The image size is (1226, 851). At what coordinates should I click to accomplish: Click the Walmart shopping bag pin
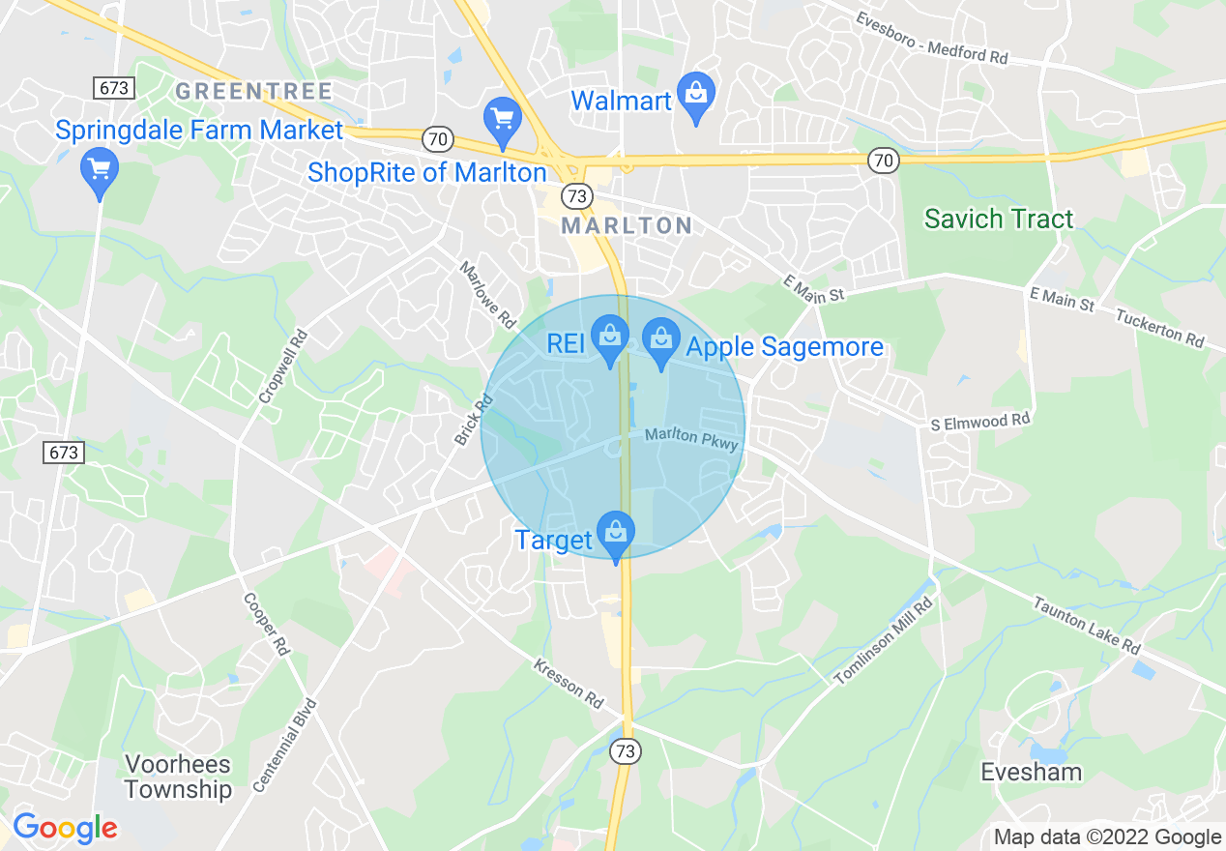coord(695,95)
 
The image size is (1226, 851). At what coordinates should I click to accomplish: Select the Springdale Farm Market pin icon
coord(99,169)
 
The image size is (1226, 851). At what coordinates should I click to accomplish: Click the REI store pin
coord(610,337)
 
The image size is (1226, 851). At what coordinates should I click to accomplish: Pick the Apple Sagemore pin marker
coord(661,340)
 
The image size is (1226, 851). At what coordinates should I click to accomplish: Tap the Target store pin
coord(615,533)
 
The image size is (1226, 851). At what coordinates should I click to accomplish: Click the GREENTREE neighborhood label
coord(253,92)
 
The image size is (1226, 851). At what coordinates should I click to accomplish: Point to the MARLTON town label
coord(627,226)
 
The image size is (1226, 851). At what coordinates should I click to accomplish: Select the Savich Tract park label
coord(999,219)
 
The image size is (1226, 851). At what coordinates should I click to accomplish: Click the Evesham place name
coord(1031,772)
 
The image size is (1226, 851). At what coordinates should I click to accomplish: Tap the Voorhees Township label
coord(178,777)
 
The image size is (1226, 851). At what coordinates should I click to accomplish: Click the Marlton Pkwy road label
coord(691,439)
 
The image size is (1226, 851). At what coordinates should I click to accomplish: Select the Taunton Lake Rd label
coord(1087,625)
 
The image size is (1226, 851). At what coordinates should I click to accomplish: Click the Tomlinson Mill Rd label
coord(885,642)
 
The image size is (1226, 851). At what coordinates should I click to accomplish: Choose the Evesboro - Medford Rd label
coord(932,38)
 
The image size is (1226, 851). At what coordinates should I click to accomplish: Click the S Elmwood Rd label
coord(980,422)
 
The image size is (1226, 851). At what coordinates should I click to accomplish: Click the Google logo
coord(65,828)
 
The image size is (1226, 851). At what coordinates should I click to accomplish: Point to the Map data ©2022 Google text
coord(1108,837)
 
